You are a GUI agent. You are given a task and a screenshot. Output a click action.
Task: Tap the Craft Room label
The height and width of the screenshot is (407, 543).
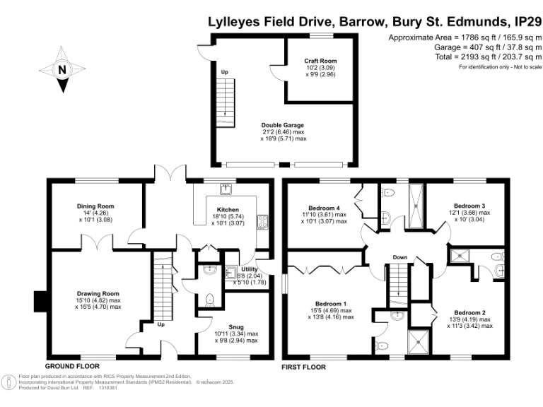pyautogui.click(x=319, y=61)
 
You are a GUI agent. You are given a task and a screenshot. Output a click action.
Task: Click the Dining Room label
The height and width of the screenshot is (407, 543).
pyautogui.click(x=95, y=206)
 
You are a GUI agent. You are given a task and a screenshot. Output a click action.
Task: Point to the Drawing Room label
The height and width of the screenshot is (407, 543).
pyautogui.click(x=98, y=293)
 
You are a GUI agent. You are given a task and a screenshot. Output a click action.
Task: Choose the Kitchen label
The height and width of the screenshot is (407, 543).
pyautogui.click(x=228, y=210)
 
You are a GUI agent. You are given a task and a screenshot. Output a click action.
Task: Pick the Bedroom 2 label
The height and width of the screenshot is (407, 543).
pyautogui.click(x=469, y=312)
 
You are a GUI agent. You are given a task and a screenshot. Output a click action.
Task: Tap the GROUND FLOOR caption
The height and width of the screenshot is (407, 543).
pyautogui.click(x=73, y=367)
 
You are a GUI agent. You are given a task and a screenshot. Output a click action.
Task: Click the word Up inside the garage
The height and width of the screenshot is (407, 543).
pyautogui.click(x=225, y=73)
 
